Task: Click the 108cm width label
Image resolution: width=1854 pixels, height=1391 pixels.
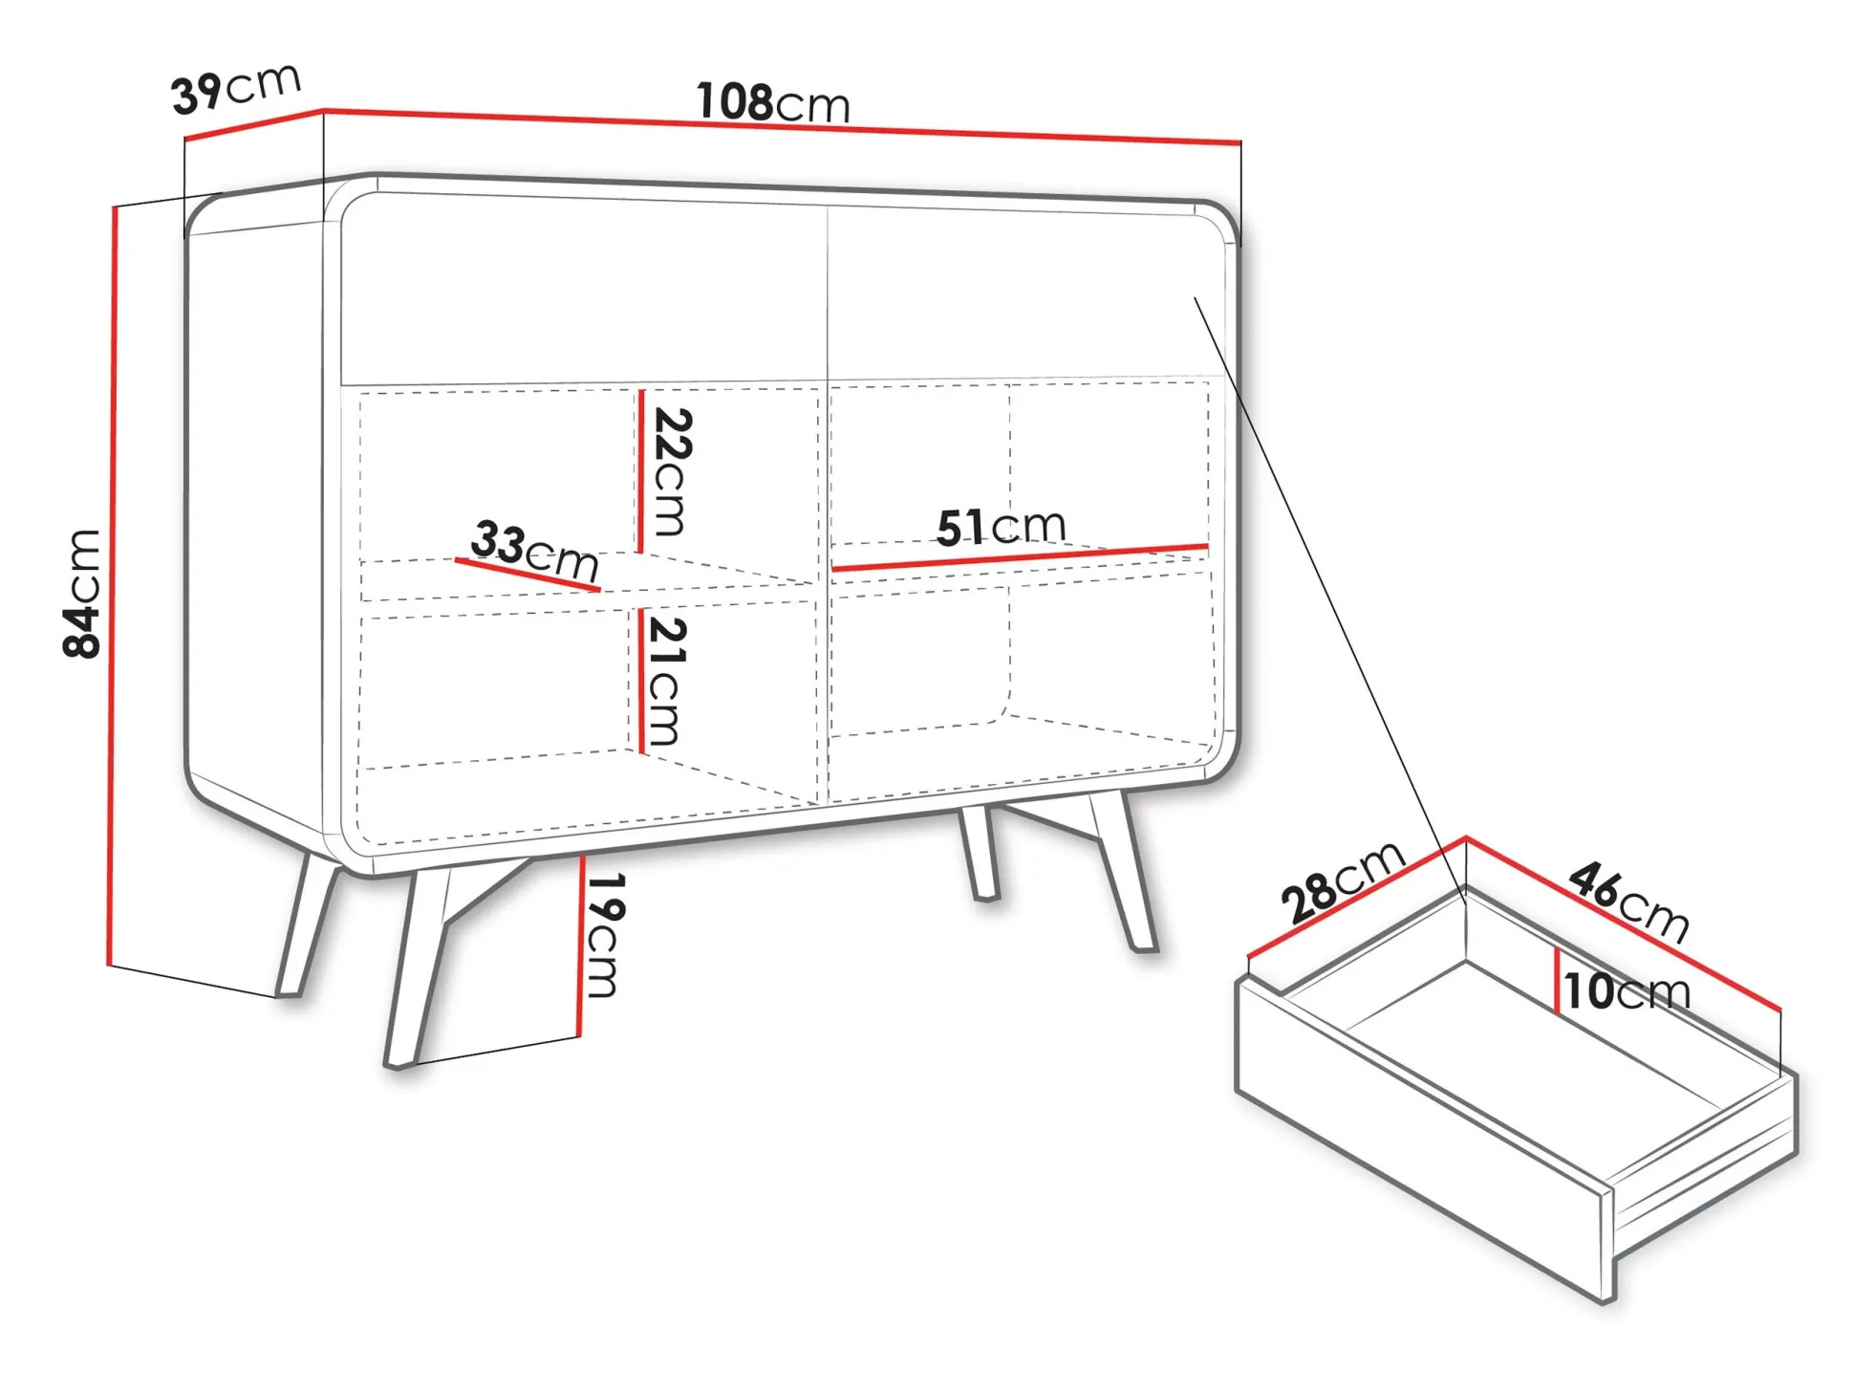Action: coord(772,102)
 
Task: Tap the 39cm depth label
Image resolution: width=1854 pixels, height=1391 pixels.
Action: coord(236,88)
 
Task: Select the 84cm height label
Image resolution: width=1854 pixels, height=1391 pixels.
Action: coord(82,593)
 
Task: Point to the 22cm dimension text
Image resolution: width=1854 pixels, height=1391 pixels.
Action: coord(672,472)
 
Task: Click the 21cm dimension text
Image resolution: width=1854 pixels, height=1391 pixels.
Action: coord(666,681)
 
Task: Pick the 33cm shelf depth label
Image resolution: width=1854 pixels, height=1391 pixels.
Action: coord(535,550)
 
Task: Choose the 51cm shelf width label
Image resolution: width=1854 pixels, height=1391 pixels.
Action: coord(1001,526)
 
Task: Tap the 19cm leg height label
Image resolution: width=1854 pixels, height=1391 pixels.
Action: coord(603,935)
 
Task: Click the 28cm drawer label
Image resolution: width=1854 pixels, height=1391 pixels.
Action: coord(1343,881)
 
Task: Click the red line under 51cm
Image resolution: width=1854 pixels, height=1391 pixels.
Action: coord(1020,558)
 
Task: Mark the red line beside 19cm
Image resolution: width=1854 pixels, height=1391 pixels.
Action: coord(580,946)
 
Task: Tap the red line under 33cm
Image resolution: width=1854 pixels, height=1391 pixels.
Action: coord(528,576)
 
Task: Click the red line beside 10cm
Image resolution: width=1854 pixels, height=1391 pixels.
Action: coord(1558,980)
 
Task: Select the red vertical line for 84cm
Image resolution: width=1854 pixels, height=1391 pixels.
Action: coord(112,585)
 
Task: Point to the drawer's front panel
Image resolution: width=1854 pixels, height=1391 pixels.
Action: coord(1424,1138)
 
